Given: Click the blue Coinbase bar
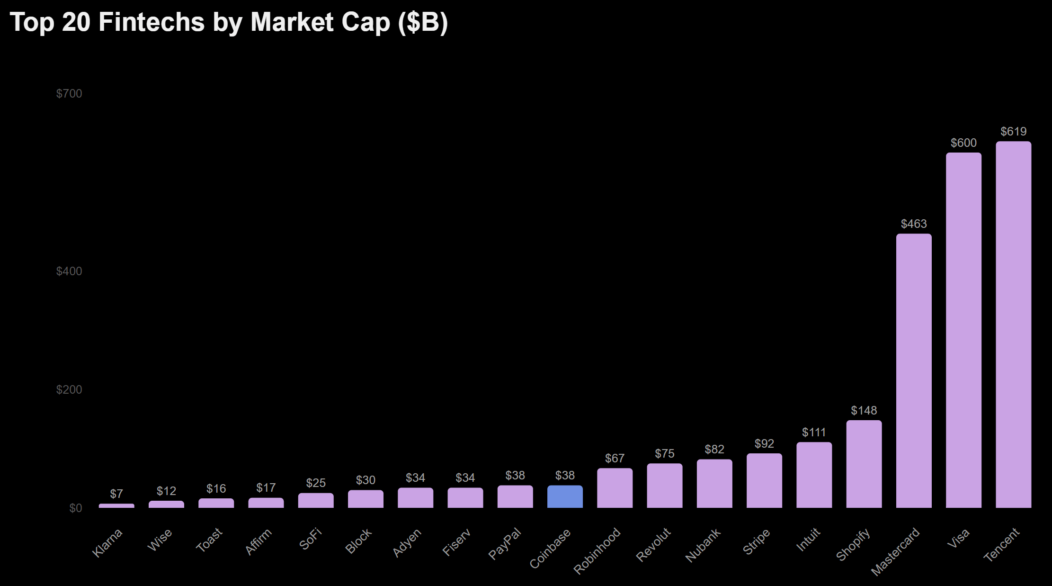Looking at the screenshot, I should coord(565,496).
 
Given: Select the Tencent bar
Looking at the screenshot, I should coord(1013,325).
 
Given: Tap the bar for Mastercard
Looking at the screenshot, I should coord(914,370).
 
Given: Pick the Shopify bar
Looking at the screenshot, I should coord(864,464).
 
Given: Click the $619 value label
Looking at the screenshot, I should coord(1013,131).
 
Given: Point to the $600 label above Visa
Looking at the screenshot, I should coord(963,143).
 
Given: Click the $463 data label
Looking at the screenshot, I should coord(914,224).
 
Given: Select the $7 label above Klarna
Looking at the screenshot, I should coord(116,494).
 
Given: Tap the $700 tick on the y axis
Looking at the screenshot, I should coord(69,93).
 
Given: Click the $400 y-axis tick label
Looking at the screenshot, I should coord(69,271).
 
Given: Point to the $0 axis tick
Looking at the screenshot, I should coord(76,508).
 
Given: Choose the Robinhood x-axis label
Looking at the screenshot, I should coord(597,550).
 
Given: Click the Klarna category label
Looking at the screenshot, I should coord(107,542).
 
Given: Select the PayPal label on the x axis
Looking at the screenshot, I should coord(505,543).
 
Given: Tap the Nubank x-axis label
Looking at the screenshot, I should coord(703,545).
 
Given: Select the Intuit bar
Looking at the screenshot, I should coord(814,475).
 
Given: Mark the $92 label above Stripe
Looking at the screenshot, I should coord(764,443).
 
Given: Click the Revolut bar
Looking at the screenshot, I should coord(665,486).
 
